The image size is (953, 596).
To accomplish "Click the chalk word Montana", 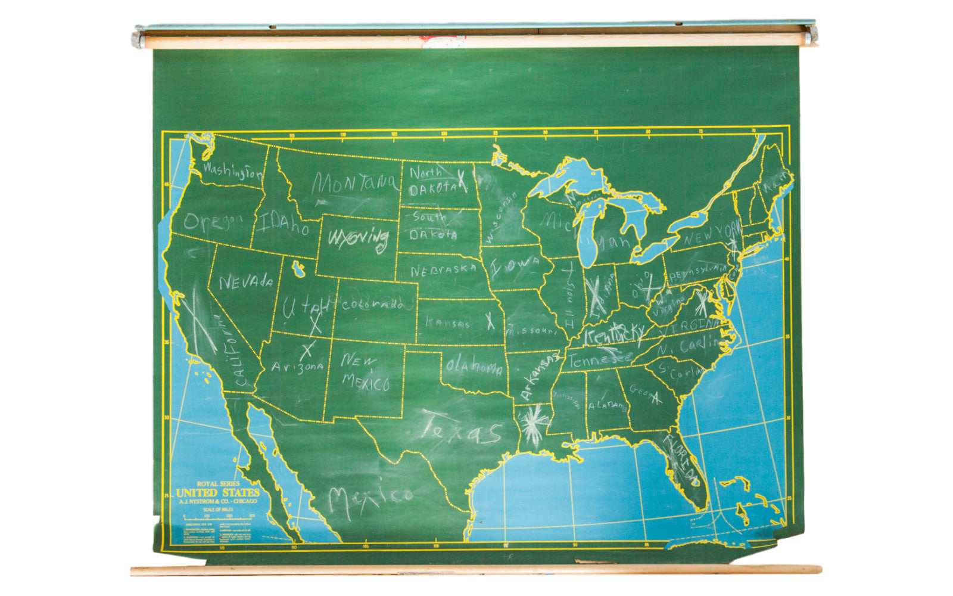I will coord(356,184).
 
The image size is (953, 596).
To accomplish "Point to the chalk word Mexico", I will coord(369,498).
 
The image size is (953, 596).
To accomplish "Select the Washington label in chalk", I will coord(232,172).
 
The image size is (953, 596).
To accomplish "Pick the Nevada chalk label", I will coord(246,281).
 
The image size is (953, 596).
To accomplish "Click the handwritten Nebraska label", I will coord(443,270).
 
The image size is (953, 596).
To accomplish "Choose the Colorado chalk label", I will coord(372,305).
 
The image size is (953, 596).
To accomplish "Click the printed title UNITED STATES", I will coord(218,493).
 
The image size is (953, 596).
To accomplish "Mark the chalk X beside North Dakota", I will coord(462,181).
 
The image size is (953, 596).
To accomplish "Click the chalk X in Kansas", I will coord(490,321).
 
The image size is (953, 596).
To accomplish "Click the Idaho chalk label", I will coord(283,223).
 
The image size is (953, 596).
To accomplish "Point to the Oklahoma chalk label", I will coord(474,367).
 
